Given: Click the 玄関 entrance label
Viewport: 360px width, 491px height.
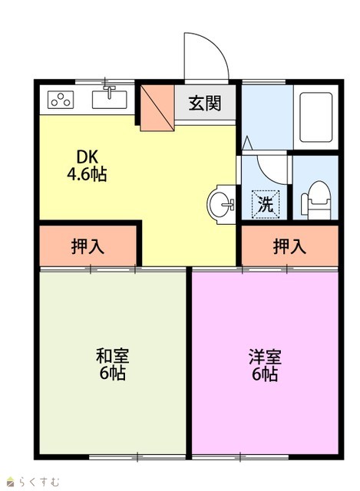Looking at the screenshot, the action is [205, 103].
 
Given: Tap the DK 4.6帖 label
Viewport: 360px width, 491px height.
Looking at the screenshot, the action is [87, 166].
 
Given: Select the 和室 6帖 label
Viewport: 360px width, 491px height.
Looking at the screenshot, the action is [113, 364].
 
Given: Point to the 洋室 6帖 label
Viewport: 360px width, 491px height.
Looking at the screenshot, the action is [265, 365].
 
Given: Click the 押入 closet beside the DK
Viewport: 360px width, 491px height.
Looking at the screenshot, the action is [88, 246].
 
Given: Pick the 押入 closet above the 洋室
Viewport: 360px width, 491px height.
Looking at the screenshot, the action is [290, 246].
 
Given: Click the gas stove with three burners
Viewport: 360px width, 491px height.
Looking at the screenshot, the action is [61, 100].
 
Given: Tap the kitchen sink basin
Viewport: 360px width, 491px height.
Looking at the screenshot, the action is [109, 100].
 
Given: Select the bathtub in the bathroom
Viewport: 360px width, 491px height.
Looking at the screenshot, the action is [315, 117].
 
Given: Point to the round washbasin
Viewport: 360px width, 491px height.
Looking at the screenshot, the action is [222, 205].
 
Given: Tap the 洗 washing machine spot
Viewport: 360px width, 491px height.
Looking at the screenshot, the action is [266, 205].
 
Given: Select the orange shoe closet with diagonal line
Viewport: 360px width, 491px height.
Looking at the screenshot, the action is [157, 107].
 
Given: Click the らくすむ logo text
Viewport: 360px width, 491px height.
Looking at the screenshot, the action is [39, 481].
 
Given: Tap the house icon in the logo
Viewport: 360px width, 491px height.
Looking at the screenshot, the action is [11, 482].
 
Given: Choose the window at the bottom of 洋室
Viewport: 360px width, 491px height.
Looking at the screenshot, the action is [240, 457].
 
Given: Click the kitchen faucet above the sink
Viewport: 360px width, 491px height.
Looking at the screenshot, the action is [109, 91].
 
